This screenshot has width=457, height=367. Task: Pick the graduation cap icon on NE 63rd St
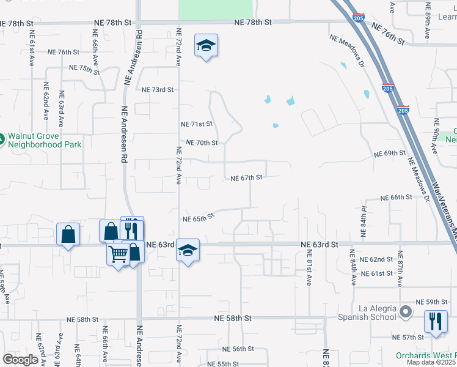point(188,250)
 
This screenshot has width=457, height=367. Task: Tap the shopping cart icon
point(118,253)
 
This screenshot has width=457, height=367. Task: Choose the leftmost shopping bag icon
point(68,234)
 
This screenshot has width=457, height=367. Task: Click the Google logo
point(20,360)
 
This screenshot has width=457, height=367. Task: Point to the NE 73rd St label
point(158,90)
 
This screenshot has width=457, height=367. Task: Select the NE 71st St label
point(197,124)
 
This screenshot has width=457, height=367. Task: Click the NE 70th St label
point(202,143)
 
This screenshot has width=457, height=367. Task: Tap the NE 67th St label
point(246,178)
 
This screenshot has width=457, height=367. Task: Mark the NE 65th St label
point(199,217)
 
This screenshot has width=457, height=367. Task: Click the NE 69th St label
point(390,153)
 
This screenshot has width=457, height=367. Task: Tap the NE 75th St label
point(84,69)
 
